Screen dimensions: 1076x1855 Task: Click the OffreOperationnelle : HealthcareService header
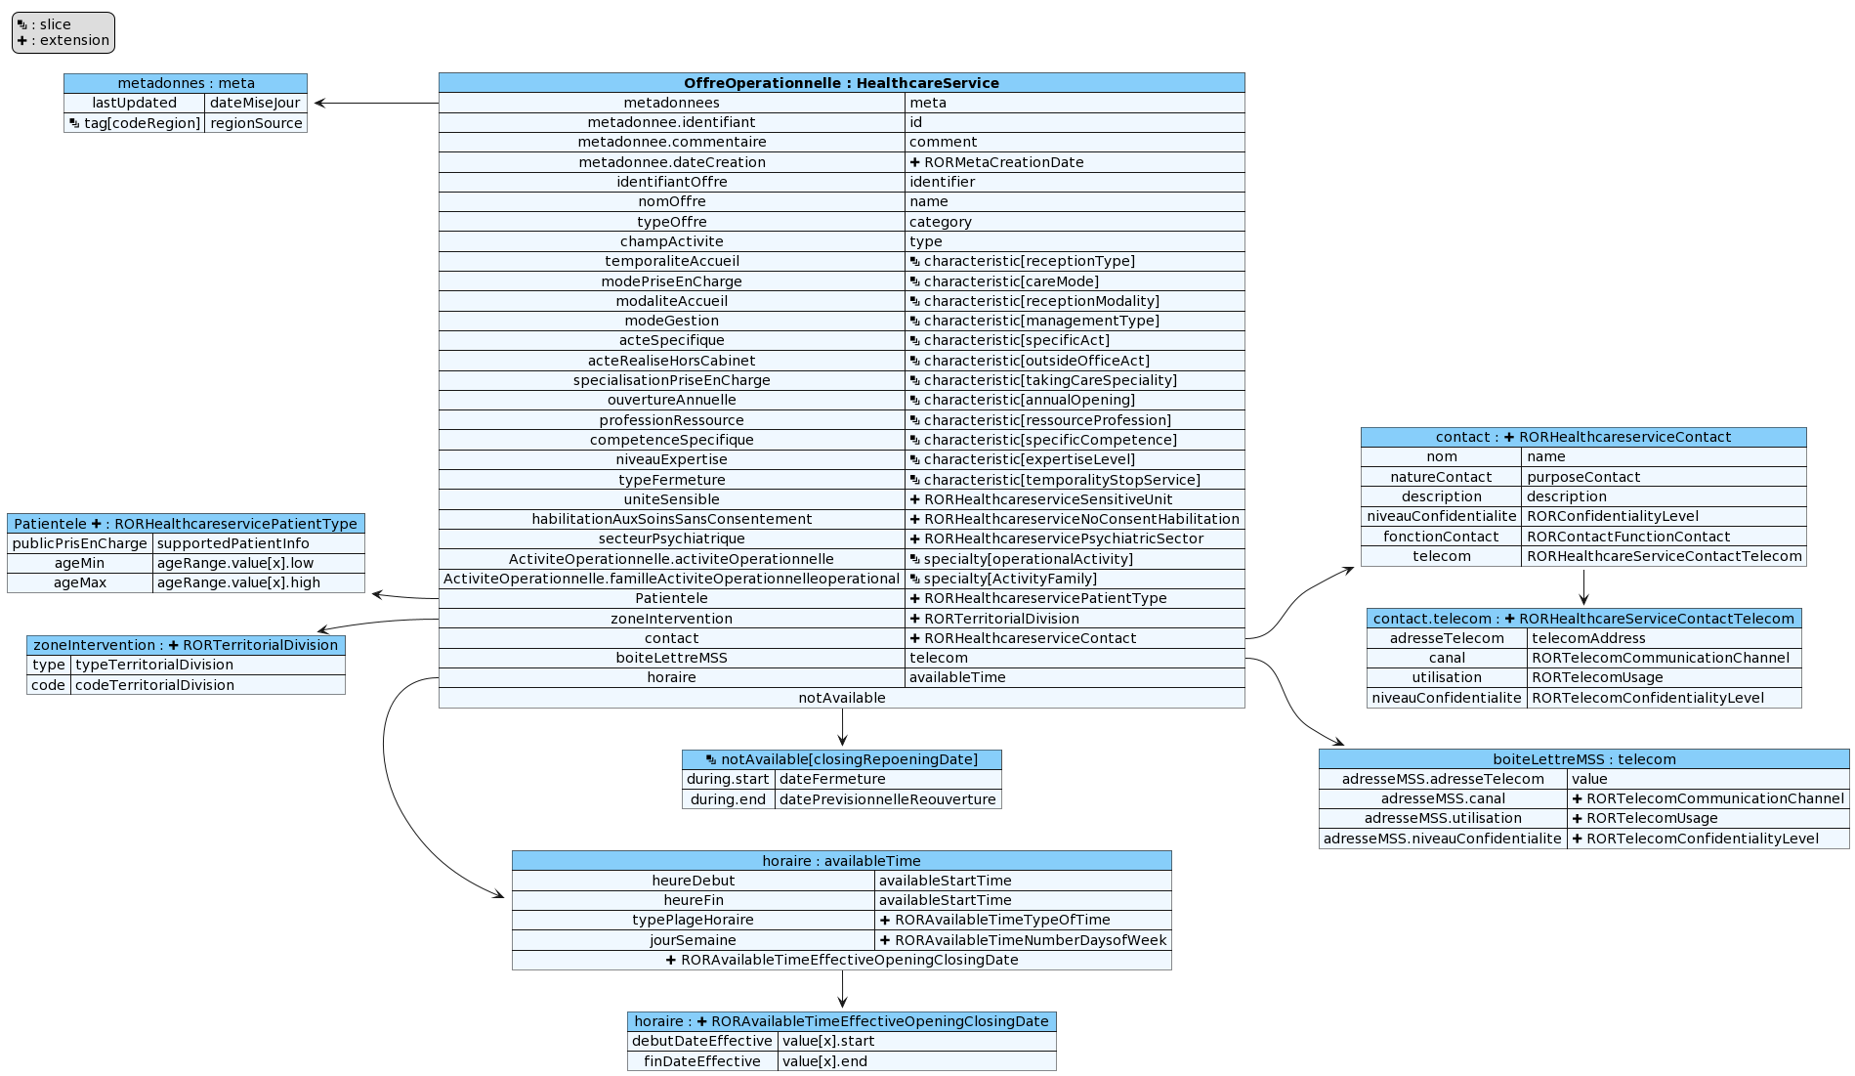(841, 83)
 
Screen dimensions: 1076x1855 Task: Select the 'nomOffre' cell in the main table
(672, 201)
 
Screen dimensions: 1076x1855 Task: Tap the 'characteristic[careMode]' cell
(1011, 281)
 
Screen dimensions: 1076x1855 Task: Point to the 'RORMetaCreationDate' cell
(1003, 162)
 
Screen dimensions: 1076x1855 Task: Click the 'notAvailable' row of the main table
(841, 698)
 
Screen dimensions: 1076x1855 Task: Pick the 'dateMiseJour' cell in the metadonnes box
(255, 103)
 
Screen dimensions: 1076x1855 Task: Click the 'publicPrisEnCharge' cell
(80, 543)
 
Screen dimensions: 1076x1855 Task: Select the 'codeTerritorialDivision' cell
(154, 685)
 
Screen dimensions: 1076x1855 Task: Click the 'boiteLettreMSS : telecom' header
(1583, 759)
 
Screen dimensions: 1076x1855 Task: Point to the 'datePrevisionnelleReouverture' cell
(887, 799)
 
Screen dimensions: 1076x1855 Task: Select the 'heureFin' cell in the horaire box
(694, 900)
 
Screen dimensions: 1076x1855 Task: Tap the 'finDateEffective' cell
(702, 1061)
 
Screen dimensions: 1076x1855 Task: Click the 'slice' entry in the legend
(55, 24)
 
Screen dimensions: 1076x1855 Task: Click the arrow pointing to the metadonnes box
(376, 103)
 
